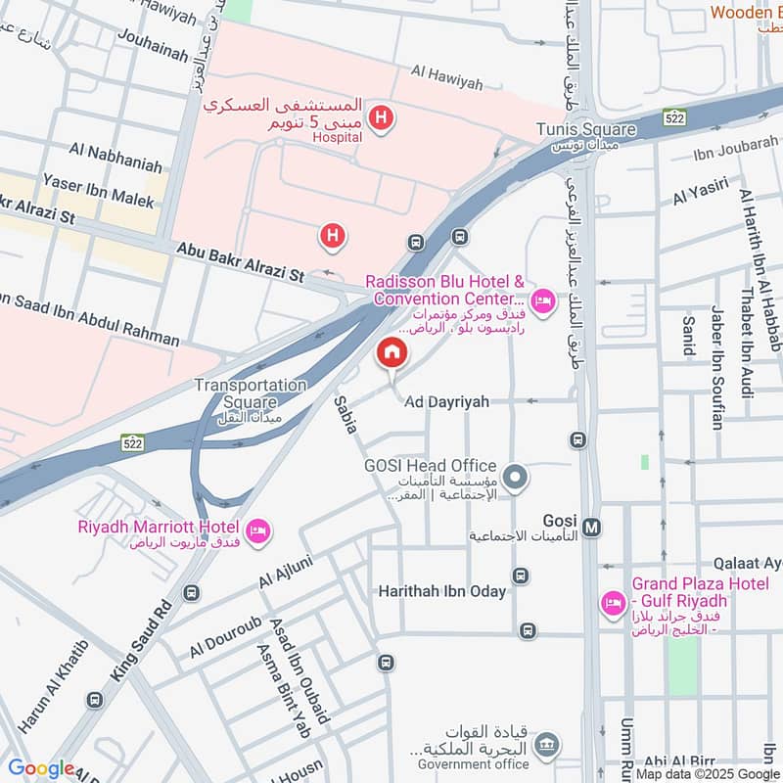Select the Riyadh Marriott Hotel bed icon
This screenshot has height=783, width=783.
click(x=259, y=531)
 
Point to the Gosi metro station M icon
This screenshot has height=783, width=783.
click(x=592, y=528)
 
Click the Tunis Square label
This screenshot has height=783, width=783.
click(x=586, y=130)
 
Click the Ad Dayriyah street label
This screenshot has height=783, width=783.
click(x=446, y=402)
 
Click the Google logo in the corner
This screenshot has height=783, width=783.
click(x=41, y=767)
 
